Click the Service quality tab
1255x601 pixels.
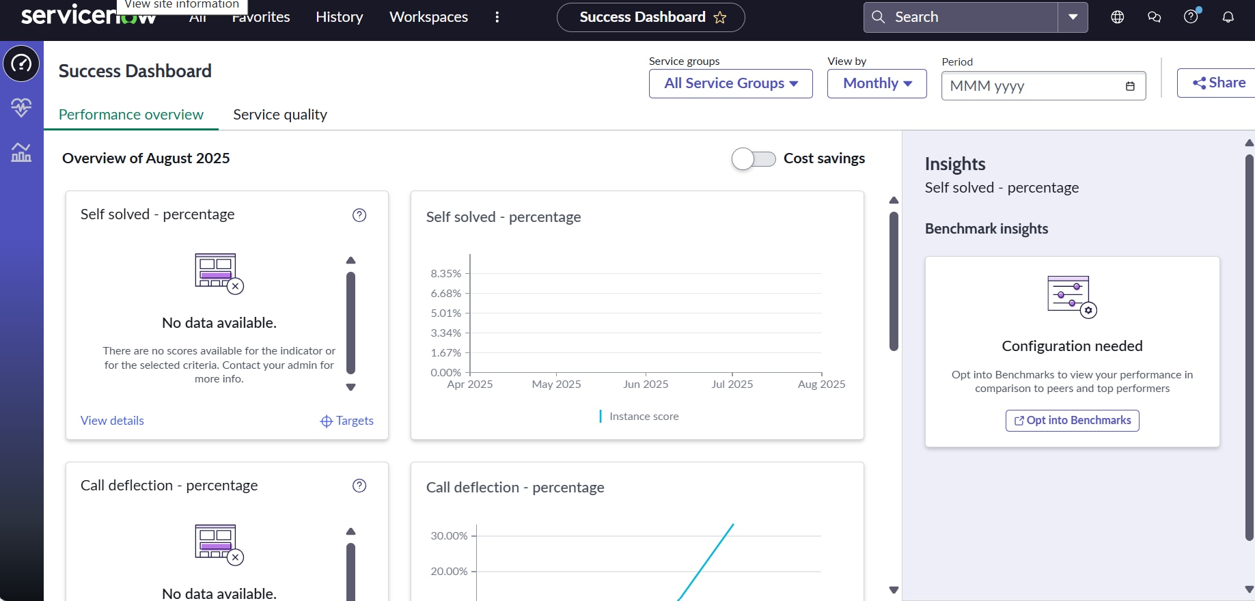pyautogui.click(x=280, y=115)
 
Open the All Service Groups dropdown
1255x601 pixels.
pyautogui.click(x=730, y=83)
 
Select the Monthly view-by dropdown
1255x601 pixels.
pyautogui.click(x=877, y=83)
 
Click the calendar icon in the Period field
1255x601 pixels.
pyautogui.click(x=1130, y=86)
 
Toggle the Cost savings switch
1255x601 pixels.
pyautogui.click(x=754, y=158)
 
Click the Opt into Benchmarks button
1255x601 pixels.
pyautogui.click(x=1072, y=420)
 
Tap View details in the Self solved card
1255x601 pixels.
pyautogui.click(x=112, y=421)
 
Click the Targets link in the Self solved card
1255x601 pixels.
pyautogui.click(x=347, y=421)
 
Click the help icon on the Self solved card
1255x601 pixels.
pyautogui.click(x=359, y=215)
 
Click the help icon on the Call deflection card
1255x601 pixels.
pyautogui.click(x=359, y=486)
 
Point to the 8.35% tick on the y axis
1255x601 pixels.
pyautogui.click(x=446, y=274)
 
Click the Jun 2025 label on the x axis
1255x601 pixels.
pyautogui.click(x=646, y=385)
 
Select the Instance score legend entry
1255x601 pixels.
pyautogui.click(x=644, y=417)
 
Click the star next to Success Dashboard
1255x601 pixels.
pyautogui.click(x=720, y=18)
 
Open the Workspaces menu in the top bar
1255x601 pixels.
pyautogui.click(x=428, y=17)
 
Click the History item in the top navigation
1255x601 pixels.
pyautogui.click(x=339, y=17)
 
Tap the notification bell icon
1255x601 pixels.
pyautogui.click(x=1228, y=17)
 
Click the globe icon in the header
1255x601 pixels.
pyautogui.click(x=1118, y=17)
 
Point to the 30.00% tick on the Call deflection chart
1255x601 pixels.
pyautogui.click(x=449, y=536)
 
